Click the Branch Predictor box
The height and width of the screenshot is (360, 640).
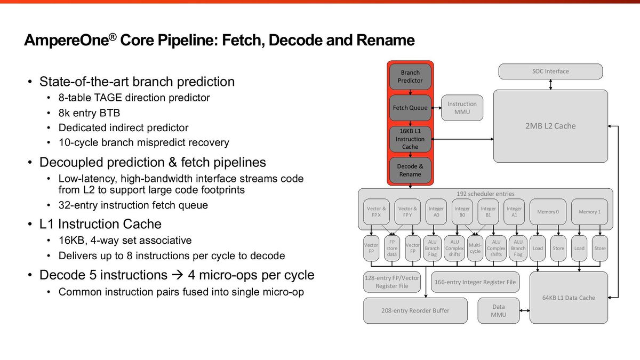410,77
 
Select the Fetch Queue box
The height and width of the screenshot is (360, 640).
410,108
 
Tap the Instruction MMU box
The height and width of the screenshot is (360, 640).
462,108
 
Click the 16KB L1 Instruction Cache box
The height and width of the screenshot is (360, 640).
410,139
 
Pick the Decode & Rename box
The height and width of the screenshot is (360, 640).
410,170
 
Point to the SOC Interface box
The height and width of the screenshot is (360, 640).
550,71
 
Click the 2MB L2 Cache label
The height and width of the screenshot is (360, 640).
550,126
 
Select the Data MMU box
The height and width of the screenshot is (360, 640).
499,310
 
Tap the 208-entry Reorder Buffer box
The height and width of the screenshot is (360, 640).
415,310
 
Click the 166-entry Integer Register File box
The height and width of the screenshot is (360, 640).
475,282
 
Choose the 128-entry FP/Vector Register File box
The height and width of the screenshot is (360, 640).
392,282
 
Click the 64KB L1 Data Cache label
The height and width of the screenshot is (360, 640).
569,298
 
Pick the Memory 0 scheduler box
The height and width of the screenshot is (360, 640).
548,212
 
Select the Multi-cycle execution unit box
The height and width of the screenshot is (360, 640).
475,249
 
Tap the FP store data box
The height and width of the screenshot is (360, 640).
392,249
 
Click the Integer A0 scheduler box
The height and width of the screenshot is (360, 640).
436,212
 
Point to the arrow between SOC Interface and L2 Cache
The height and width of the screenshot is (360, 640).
550,85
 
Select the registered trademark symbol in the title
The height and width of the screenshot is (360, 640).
113,37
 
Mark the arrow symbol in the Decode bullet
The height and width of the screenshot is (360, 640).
178,275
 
